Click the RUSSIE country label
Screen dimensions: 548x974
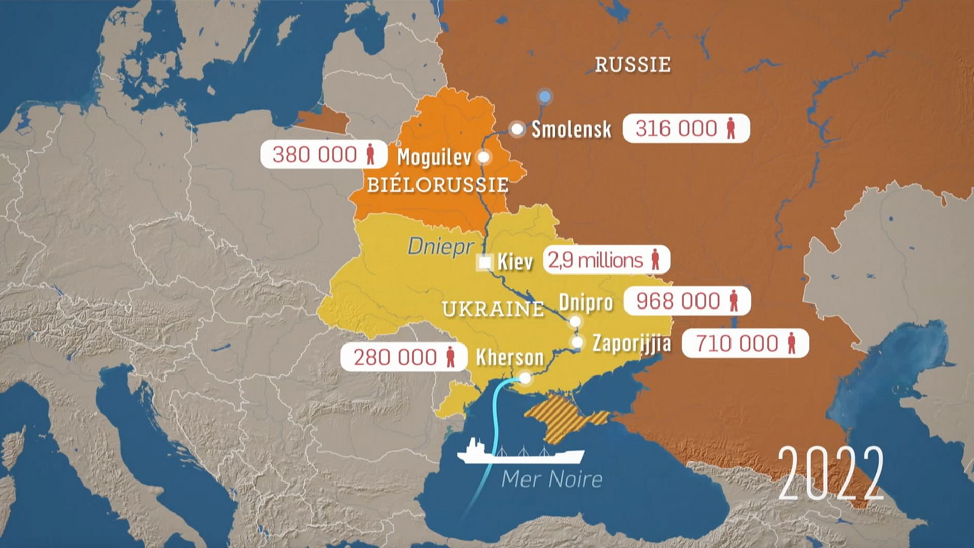click(x=632, y=64)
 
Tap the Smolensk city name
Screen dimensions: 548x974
click(x=571, y=129)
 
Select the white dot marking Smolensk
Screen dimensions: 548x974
click(x=517, y=129)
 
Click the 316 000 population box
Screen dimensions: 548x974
click(x=686, y=128)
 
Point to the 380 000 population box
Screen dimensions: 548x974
click(x=324, y=154)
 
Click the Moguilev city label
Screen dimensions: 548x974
click(x=434, y=157)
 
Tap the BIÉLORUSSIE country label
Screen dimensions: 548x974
click(x=437, y=185)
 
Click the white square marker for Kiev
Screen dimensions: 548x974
click(x=485, y=262)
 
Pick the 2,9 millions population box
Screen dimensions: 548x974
click(x=606, y=260)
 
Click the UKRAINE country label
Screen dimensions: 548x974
click(x=493, y=309)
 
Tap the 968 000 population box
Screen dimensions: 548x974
click(x=687, y=301)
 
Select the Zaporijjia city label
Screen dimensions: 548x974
click(x=631, y=344)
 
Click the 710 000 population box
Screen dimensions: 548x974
click(x=745, y=344)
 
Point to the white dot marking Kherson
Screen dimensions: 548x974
click(x=526, y=378)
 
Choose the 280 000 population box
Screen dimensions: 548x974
click(x=404, y=357)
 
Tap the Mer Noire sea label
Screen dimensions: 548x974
click(x=552, y=479)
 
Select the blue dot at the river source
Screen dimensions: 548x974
click(x=544, y=96)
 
